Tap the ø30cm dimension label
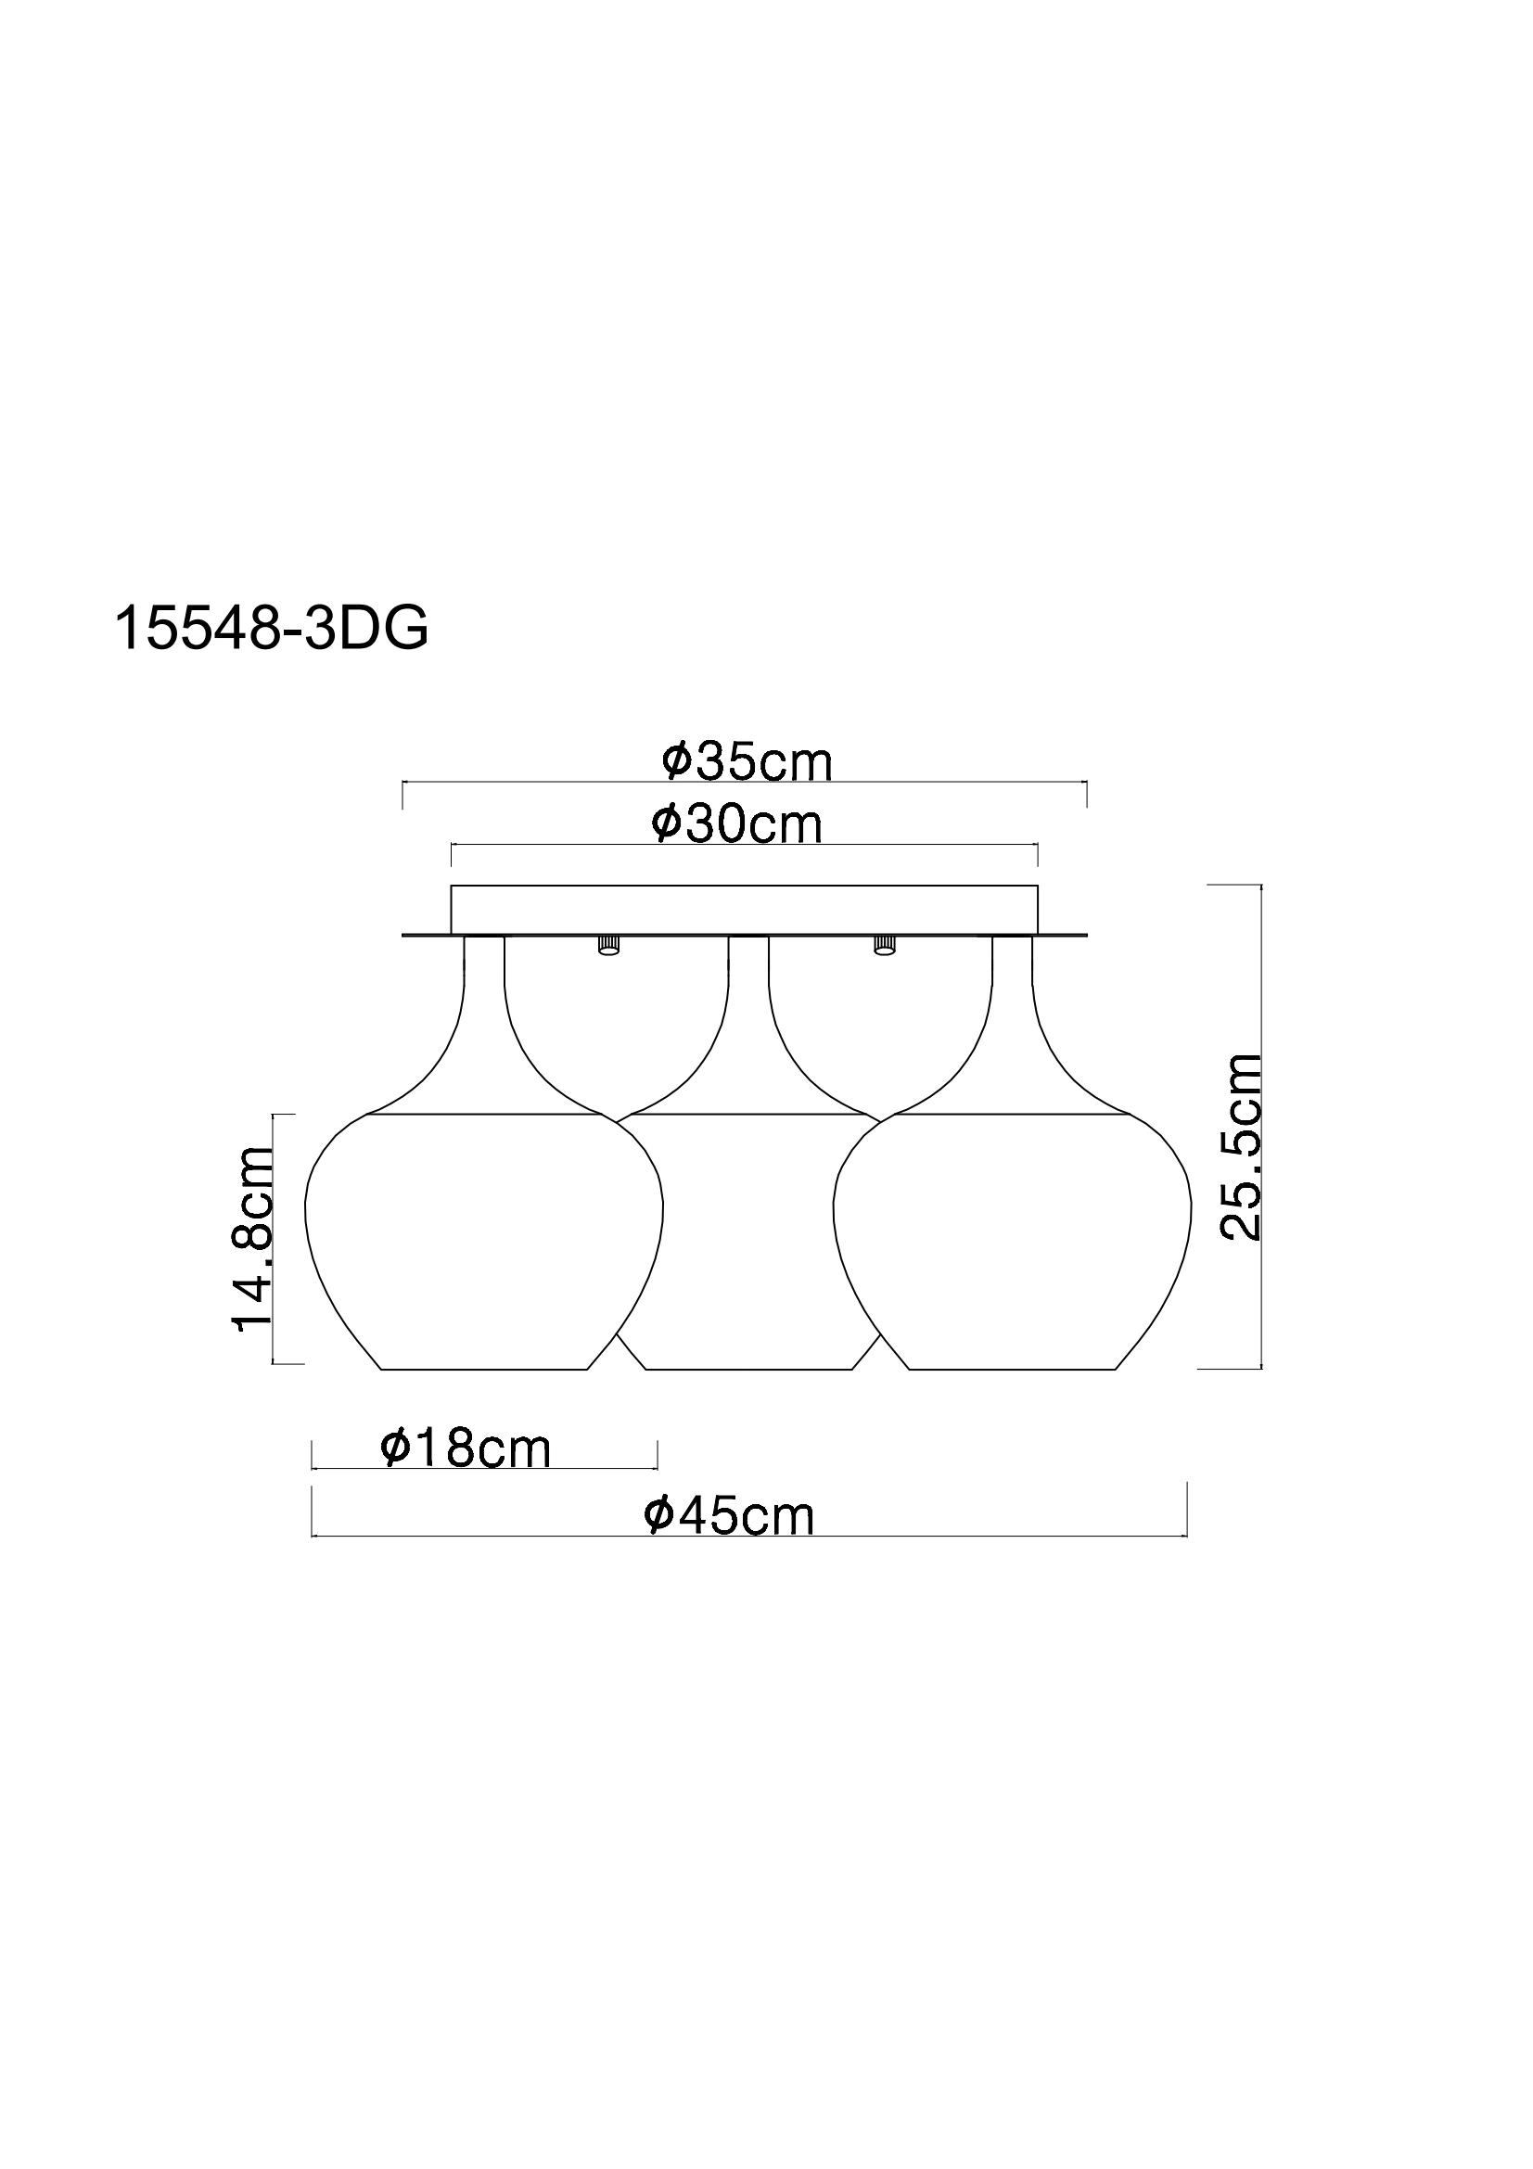(736, 823)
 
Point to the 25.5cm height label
(1240, 1146)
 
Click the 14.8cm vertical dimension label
(252, 1238)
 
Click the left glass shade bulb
(483, 1238)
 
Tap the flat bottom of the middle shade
(748, 1368)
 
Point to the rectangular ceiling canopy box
(745, 910)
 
